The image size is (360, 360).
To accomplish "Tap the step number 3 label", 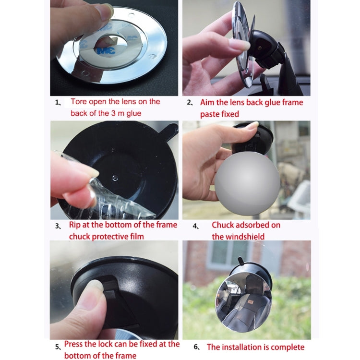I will point(58,226).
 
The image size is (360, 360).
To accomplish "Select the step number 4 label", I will point(196,226).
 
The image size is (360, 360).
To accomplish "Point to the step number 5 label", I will point(58,346).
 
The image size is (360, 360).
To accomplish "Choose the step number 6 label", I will point(196,347).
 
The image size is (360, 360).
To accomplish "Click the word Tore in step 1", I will point(80,102).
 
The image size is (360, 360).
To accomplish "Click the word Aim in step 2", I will point(209,102).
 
